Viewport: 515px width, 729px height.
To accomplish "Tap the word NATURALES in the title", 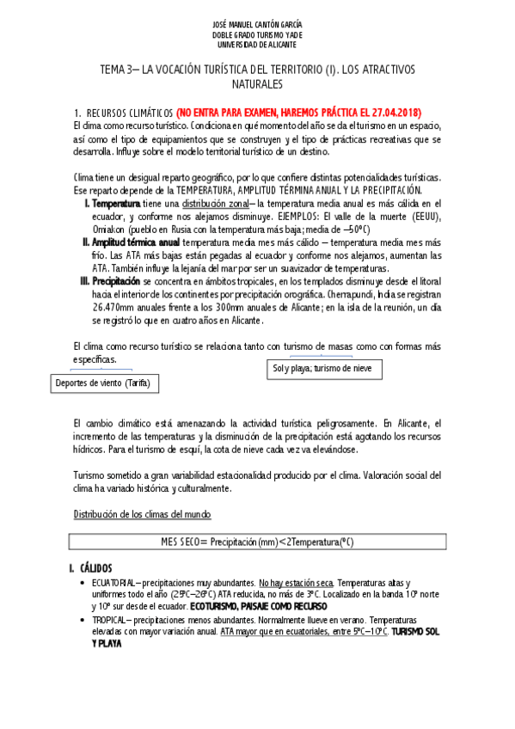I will [x=257, y=85].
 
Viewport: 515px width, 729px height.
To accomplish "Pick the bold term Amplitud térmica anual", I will [x=143, y=242].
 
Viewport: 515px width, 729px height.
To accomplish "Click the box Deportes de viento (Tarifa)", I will [x=101, y=383].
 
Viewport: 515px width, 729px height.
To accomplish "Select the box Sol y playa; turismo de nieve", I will [x=322, y=369].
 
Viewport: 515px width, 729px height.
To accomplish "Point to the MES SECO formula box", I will [x=257, y=542].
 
